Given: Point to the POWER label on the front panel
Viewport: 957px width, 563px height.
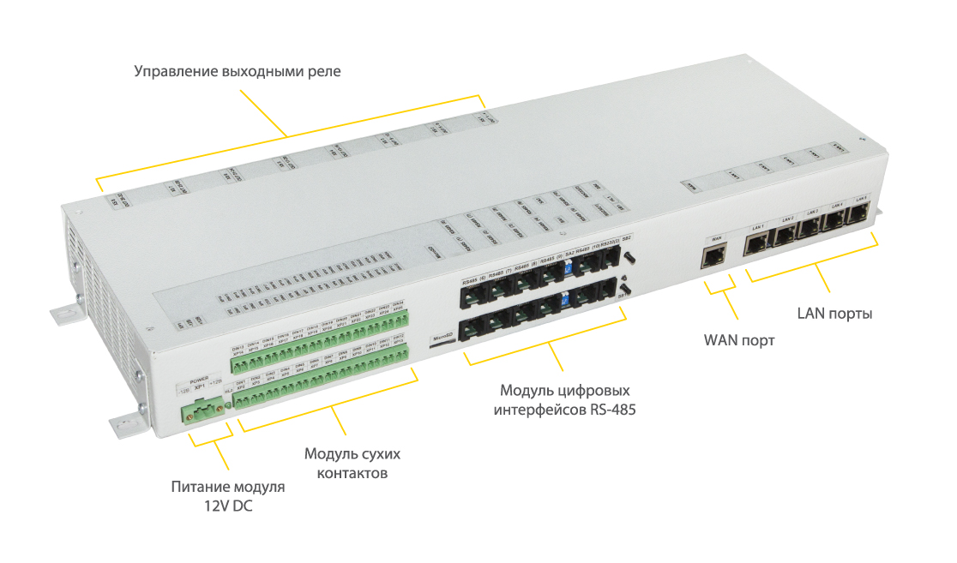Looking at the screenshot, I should (x=198, y=378).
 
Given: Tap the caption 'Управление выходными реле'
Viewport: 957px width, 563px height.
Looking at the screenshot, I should (x=238, y=71).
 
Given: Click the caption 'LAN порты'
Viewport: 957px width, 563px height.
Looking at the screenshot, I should (x=834, y=313).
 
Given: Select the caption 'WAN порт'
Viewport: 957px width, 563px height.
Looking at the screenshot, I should (x=739, y=340).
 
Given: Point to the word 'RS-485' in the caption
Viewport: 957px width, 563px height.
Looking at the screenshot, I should (x=612, y=410).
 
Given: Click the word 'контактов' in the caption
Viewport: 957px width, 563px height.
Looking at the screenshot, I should (x=352, y=473).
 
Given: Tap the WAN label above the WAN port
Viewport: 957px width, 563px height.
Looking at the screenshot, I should (x=713, y=237).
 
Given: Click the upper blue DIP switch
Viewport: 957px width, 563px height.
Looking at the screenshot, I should (x=568, y=267).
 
